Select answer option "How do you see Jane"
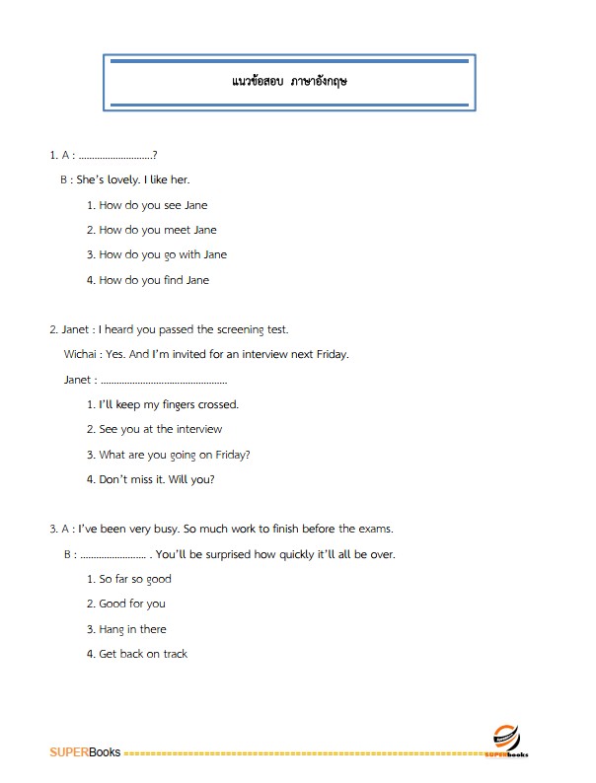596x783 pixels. (153, 205)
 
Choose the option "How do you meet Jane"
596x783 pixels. (157, 230)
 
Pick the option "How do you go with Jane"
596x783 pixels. (163, 254)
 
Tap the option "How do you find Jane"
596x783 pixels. (154, 280)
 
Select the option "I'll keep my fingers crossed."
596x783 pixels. (169, 404)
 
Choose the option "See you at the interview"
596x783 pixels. (161, 429)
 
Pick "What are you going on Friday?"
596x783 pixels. (175, 455)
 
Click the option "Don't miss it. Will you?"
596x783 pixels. (157, 479)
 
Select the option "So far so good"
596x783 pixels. (135, 579)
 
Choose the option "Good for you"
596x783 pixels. (132, 604)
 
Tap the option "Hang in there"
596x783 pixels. (133, 629)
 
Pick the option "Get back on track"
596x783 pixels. (143, 654)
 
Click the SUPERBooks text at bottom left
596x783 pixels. (84, 752)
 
